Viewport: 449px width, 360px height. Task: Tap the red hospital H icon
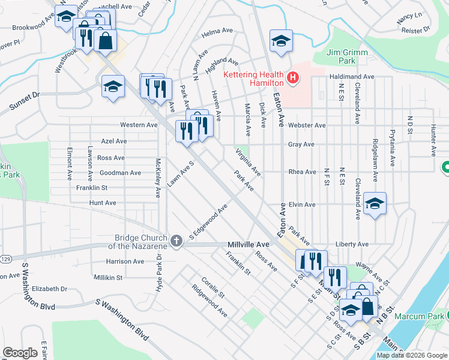tap(292, 77)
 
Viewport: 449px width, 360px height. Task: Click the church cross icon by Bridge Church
tap(176, 241)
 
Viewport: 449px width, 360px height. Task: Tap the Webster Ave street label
tap(306, 125)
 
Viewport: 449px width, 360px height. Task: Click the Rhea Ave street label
tap(302, 172)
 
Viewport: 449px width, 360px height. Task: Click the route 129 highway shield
tap(5, 259)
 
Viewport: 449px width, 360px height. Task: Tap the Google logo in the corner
tap(20, 352)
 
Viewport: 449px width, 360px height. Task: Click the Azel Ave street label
tap(113, 141)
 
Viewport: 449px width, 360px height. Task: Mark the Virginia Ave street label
tap(248, 163)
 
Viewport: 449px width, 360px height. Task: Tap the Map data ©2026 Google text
tap(411, 355)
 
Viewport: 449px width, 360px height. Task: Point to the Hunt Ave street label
tap(102, 203)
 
